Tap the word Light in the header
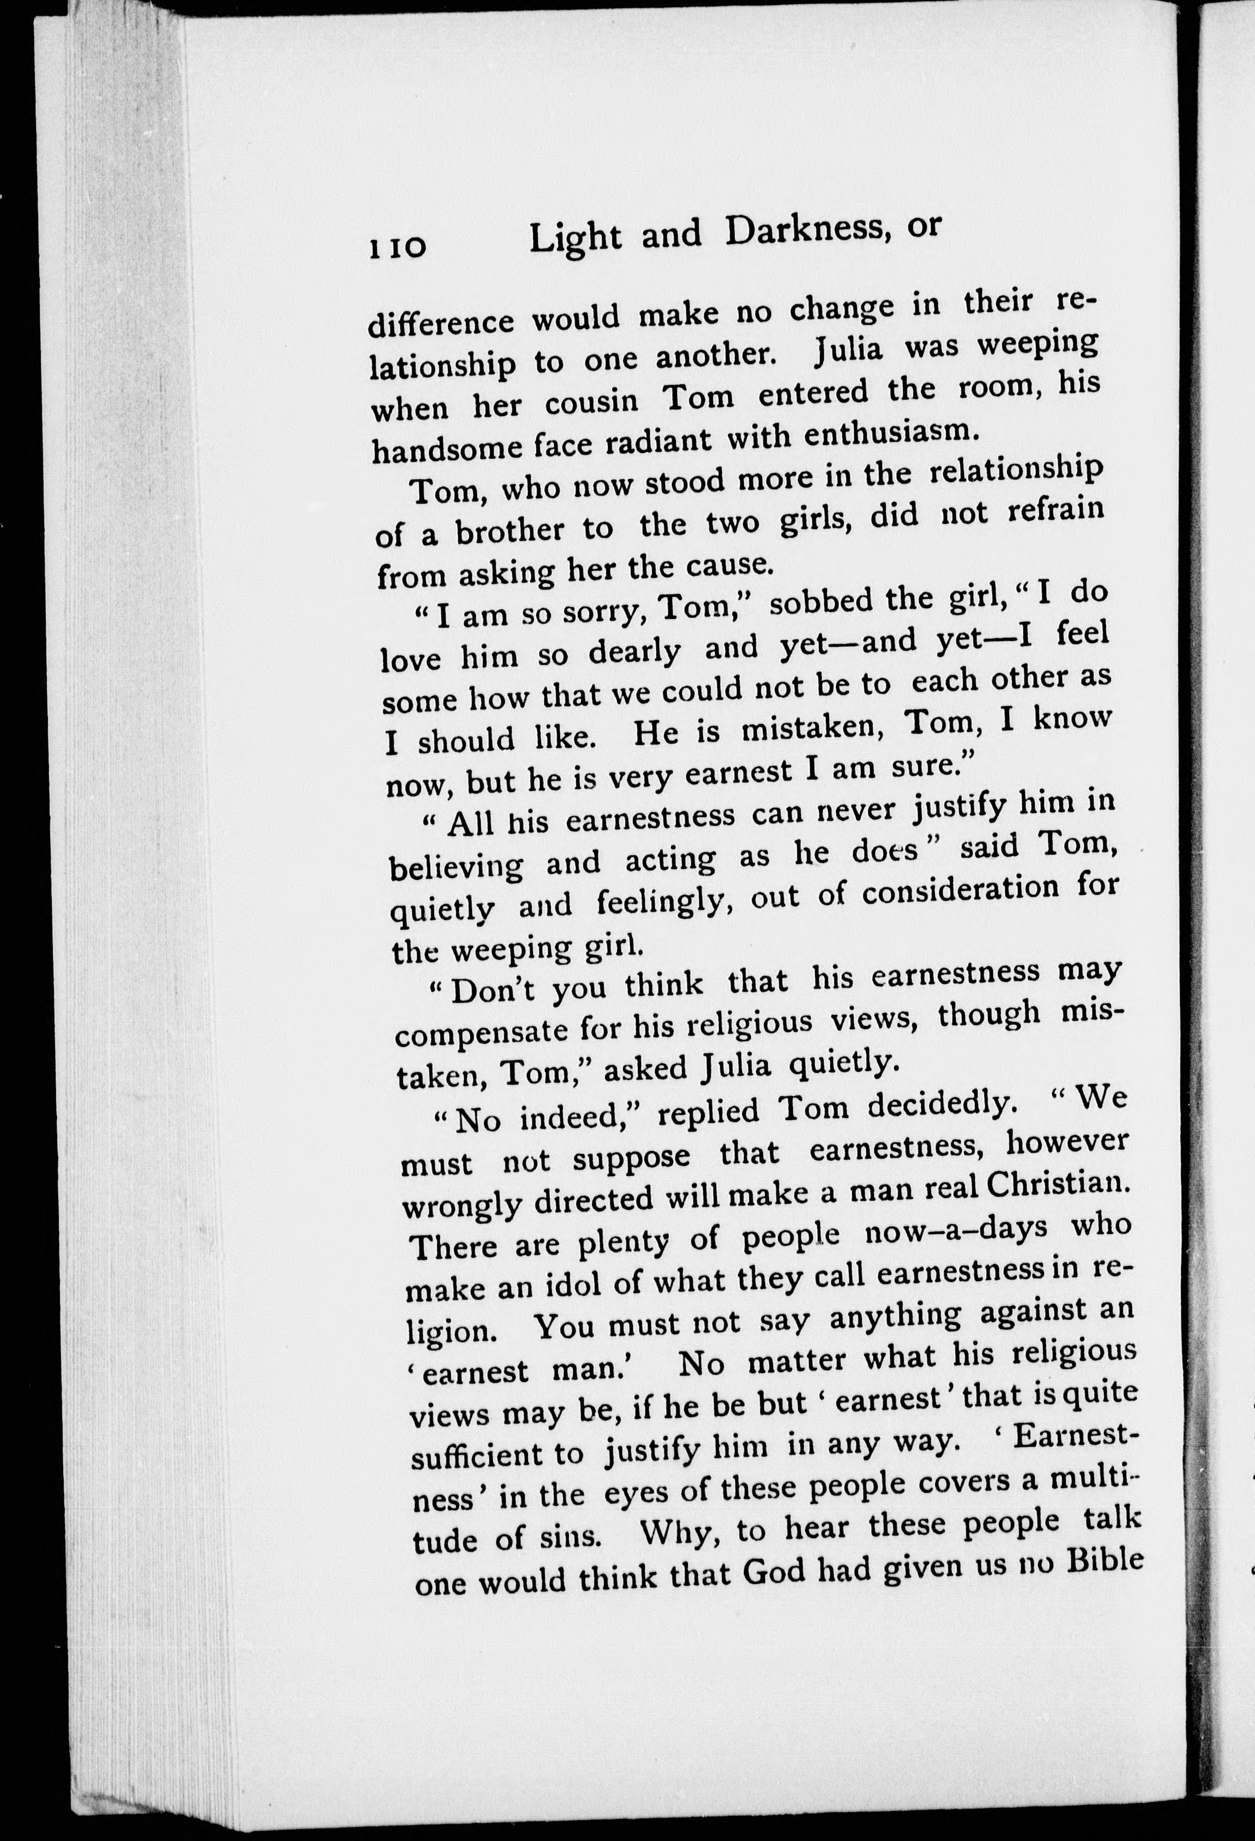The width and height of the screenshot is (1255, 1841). coord(575,238)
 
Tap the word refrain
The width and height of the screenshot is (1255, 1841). coord(1055,510)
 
